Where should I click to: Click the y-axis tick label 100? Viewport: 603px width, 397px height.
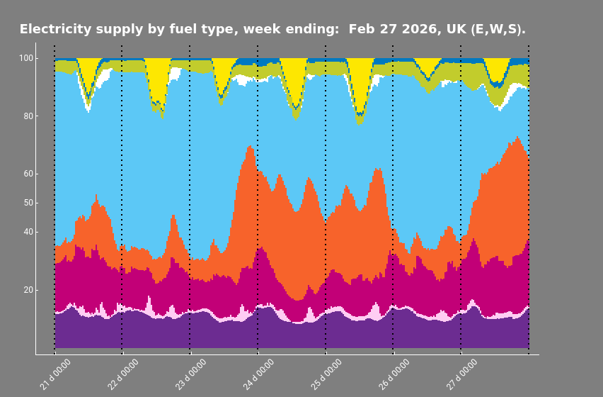(x=25, y=58)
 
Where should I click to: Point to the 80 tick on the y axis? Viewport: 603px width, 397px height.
(x=27, y=116)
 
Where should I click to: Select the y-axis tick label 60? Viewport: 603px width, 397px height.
(x=27, y=174)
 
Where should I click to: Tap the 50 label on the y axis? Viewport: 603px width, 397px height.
(x=27, y=203)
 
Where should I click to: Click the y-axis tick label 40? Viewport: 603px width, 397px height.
(x=27, y=232)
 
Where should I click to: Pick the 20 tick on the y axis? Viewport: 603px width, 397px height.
(x=27, y=290)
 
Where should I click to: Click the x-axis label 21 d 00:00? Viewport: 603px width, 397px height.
(x=54, y=374)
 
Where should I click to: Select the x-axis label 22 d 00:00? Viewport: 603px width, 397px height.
(x=122, y=374)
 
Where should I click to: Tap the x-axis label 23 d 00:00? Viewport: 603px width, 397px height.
(x=190, y=374)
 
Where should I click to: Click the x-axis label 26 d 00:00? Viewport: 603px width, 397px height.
(x=394, y=374)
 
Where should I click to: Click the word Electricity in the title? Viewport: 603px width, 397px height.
(x=54, y=30)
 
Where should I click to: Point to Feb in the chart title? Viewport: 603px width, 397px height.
(x=361, y=30)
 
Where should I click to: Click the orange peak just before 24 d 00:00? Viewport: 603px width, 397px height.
(x=250, y=149)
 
